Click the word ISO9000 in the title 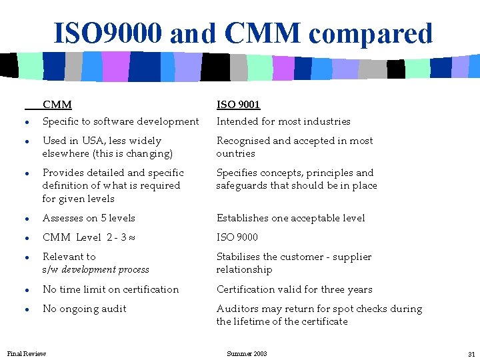pos(107,33)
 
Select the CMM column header pos(57,105)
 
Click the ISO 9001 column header pos(238,105)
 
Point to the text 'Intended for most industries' pos(283,121)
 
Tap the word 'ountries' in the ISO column pos(235,153)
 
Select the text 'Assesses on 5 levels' pos(89,218)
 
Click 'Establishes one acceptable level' pos(290,218)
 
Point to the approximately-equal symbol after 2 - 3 pos(133,238)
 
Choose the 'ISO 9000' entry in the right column pos(237,237)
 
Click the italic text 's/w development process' pos(95,269)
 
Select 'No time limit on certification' pos(111,289)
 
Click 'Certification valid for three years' pos(294,289)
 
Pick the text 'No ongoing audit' pos(84,309)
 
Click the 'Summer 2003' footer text pos(247,353)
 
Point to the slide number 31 pos(471,353)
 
